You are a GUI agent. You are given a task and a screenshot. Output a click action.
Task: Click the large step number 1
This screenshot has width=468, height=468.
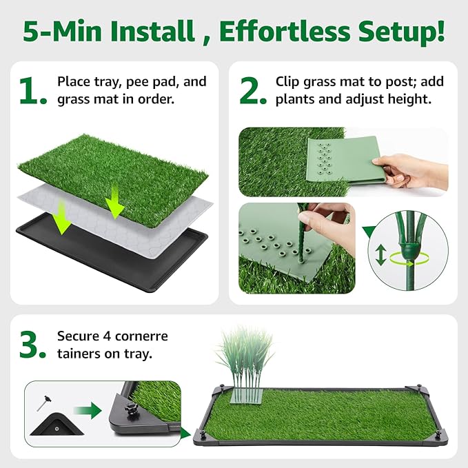[x=31, y=91]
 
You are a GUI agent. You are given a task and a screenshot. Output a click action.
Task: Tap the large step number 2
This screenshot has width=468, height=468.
[x=253, y=91]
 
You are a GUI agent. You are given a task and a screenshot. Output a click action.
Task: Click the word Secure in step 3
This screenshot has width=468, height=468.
[x=82, y=336]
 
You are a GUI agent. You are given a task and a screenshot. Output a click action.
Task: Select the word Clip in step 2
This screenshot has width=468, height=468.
[x=287, y=81]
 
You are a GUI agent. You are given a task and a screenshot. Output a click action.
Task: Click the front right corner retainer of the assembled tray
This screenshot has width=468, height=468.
[x=436, y=434]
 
